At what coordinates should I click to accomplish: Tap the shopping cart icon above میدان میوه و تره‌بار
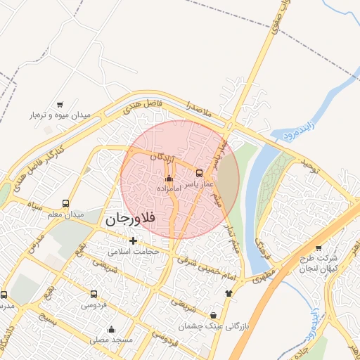(x=60, y=104)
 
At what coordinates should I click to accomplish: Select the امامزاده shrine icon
(x=168, y=179)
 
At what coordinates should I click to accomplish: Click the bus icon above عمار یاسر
(x=199, y=173)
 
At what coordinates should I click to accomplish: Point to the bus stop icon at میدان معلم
(x=65, y=204)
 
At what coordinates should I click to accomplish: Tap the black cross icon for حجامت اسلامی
(x=133, y=241)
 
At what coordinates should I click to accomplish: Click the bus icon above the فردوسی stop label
(x=94, y=294)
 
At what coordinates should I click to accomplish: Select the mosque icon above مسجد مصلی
(x=111, y=329)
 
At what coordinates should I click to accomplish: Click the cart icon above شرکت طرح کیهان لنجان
(x=319, y=248)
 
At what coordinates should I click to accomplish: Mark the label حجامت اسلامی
(x=134, y=251)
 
